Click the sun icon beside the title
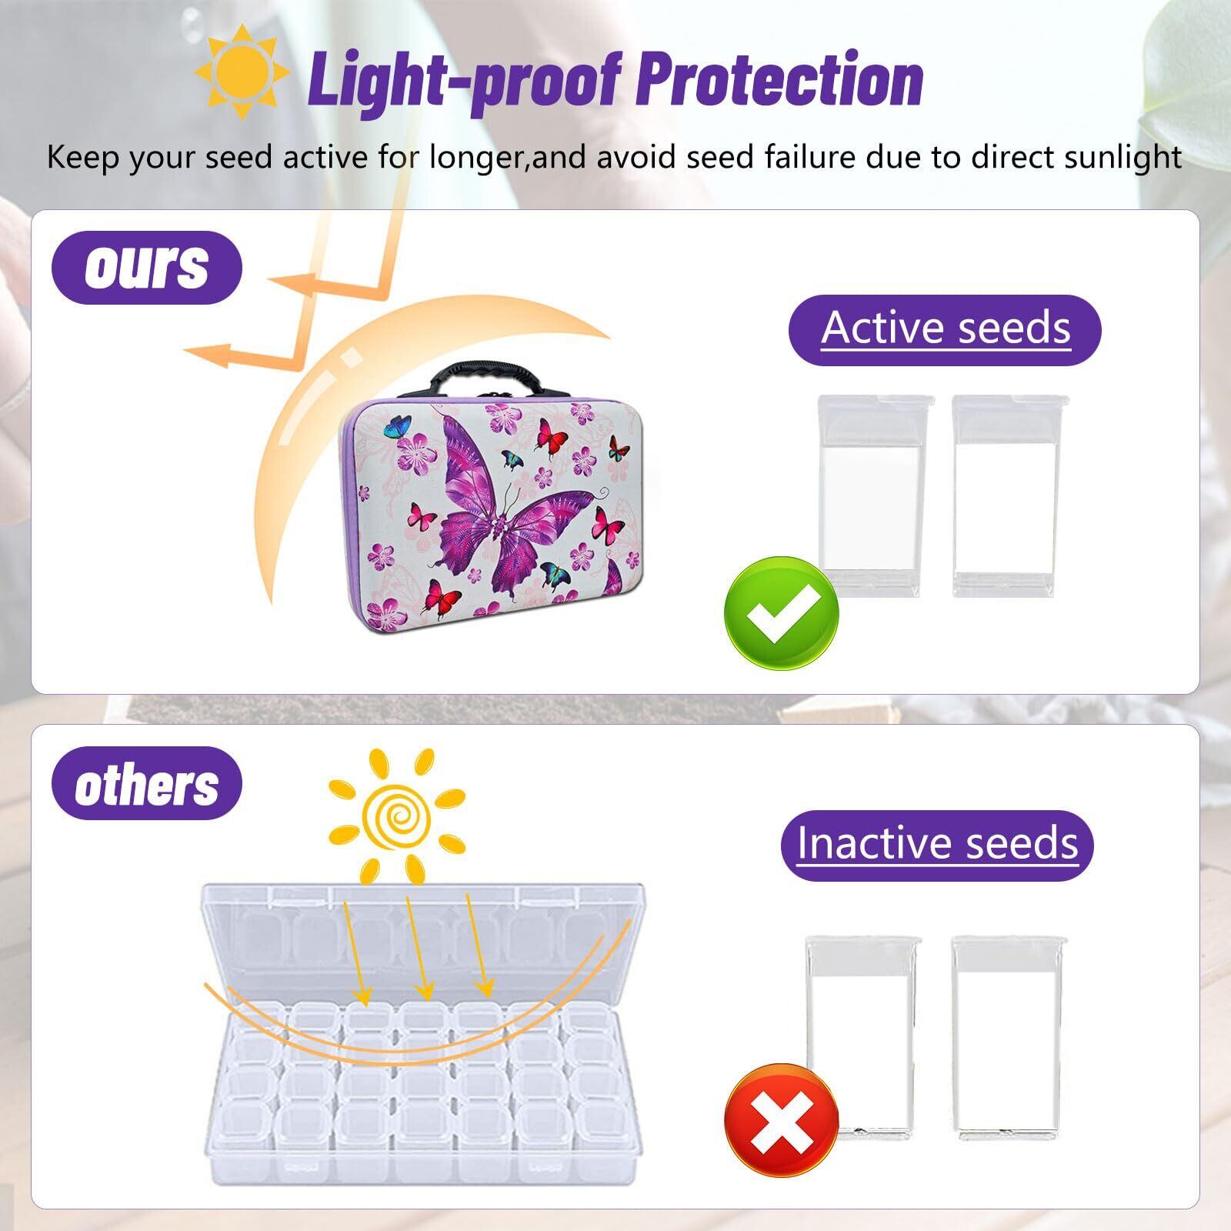pyautogui.click(x=242, y=74)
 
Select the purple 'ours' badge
pyautogui.click(x=146, y=268)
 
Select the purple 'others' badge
pyautogui.click(x=146, y=784)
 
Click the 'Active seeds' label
pyautogui.click(x=945, y=329)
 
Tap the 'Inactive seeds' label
pyautogui.click(x=937, y=844)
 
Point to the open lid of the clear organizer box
pyautogui.click(x=423, y=946)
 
